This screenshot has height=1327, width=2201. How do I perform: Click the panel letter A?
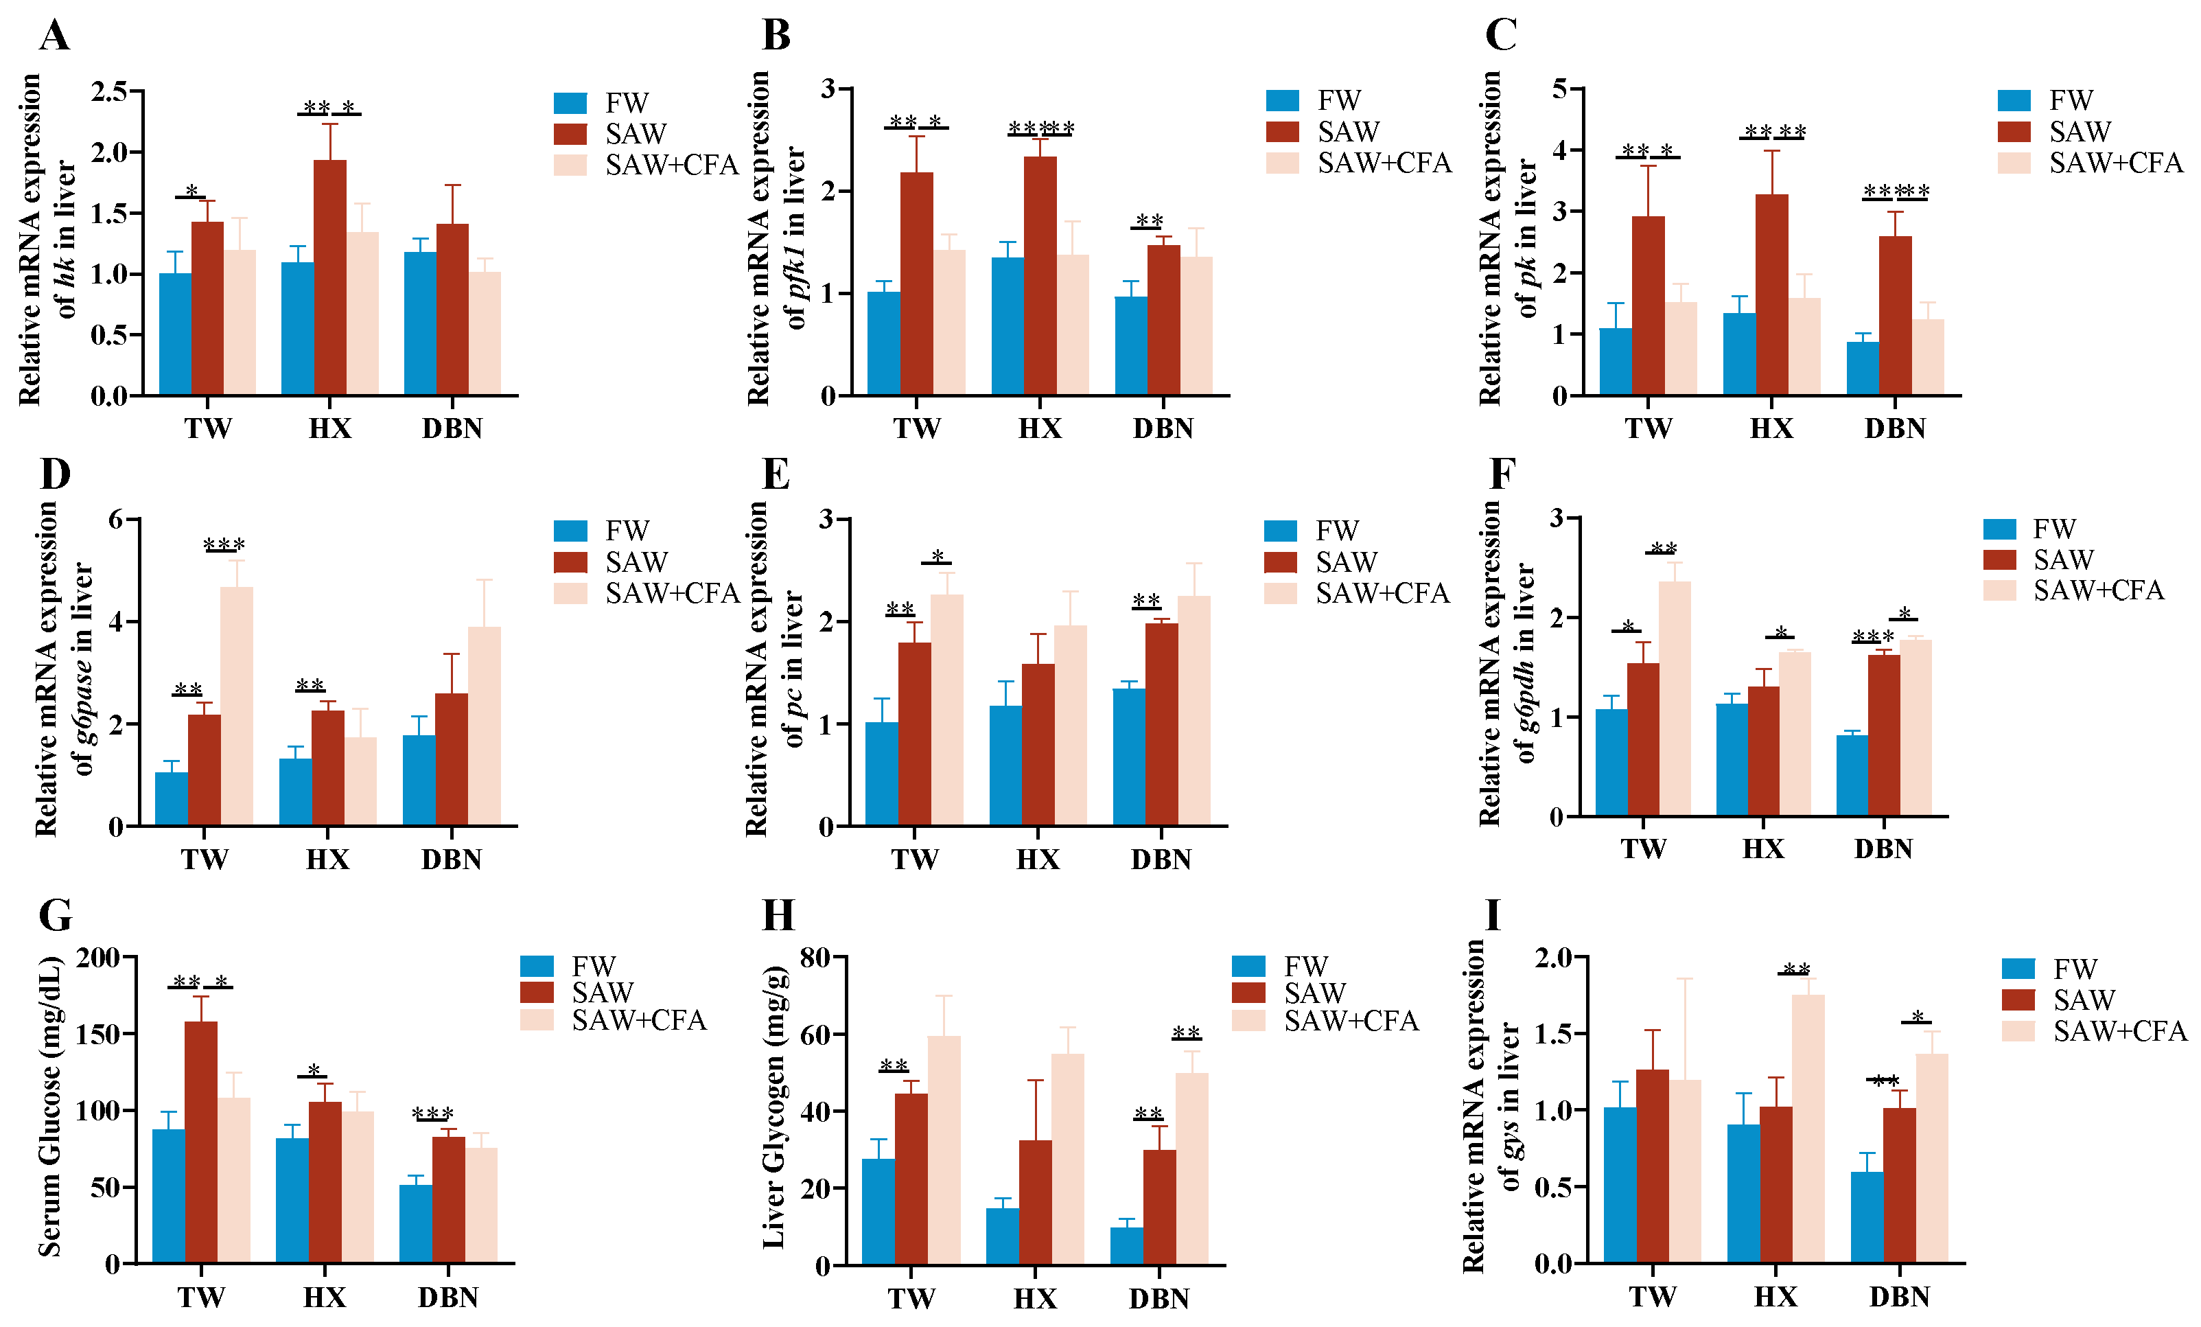(54, 36)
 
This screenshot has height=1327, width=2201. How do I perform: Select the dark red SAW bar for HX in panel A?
(329, 277)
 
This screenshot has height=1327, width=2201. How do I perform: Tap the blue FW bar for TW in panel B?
(883, 343)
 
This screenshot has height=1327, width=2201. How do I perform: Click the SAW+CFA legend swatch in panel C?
(2014, 163)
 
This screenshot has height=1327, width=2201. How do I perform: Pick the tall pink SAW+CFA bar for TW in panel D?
(237, 706)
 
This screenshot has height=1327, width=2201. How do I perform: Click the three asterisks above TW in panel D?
(224, 544)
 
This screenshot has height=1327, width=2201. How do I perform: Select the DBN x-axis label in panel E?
(1161, 859)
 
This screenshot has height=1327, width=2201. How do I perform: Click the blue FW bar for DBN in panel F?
(1852, 776)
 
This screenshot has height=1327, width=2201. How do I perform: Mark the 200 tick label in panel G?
(98, 958)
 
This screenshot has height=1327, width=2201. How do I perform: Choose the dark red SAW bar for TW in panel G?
(201, 1142)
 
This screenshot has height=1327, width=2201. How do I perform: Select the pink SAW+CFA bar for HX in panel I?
(1808, 1129)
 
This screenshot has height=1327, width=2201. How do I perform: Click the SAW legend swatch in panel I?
(2018, 999)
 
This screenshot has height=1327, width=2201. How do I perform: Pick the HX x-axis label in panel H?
(1035, 1297)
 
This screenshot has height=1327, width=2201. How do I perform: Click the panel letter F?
(1502, 474)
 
